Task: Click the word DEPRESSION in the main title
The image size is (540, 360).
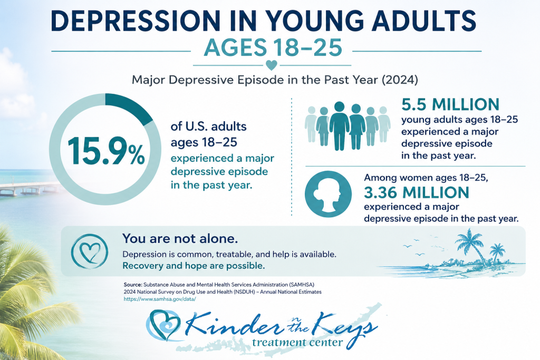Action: tap(136, 21)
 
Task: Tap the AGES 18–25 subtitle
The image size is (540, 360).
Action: tap(273, 47)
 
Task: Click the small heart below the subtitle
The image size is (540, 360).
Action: tap(272, 65)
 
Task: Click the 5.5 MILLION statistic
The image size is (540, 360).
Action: tap(450, 105)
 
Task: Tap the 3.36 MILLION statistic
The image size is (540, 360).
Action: tap(417, 192)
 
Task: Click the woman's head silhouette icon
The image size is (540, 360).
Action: tap(328, 194)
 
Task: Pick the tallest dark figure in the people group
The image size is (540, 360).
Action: tap(339, 126)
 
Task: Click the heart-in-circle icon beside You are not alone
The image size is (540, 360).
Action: tap(90, 251)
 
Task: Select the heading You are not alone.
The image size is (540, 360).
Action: tap(180, 239)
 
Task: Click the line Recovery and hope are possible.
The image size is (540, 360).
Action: tap(194, 266)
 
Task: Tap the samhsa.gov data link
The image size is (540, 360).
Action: tap(160, 299)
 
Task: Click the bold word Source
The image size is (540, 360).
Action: tap(132, 285)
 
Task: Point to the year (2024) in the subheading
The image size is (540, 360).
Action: tap(400, 80)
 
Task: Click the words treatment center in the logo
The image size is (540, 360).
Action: tap(297, 343)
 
